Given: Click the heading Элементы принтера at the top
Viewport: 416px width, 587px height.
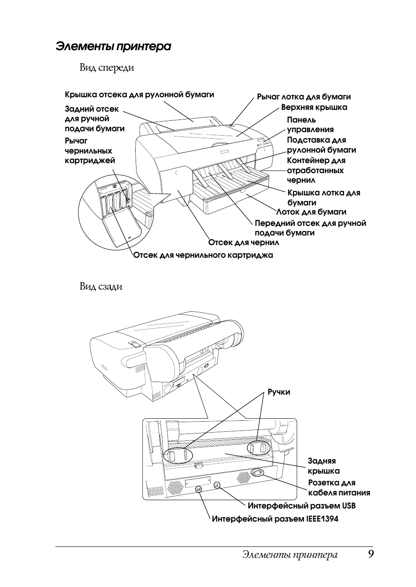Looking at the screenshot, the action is (113, 47).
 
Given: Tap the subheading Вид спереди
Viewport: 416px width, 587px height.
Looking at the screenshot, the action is (107, 68).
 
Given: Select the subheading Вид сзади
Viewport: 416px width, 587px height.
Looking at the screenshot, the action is (101, 287).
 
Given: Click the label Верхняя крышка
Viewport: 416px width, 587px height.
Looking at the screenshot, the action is (314, 107).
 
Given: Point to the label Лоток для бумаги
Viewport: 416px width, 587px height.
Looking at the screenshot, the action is (311, 212).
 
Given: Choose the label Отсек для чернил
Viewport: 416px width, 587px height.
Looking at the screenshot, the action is (244, 242).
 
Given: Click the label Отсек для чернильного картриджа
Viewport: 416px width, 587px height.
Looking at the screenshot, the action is (203, 255).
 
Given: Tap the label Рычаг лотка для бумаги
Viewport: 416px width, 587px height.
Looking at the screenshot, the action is (303, 97).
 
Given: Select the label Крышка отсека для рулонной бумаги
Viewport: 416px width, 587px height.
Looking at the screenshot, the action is (140, 95).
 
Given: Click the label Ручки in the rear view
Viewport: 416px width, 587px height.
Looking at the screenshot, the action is (279, 399).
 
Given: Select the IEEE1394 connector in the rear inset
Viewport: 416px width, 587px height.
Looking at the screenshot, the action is (198, 489).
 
